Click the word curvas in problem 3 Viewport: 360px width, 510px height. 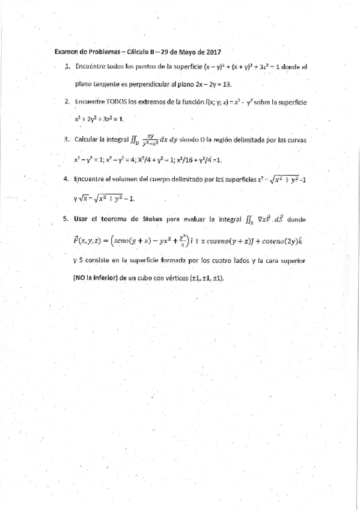(x=296, y=140)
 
